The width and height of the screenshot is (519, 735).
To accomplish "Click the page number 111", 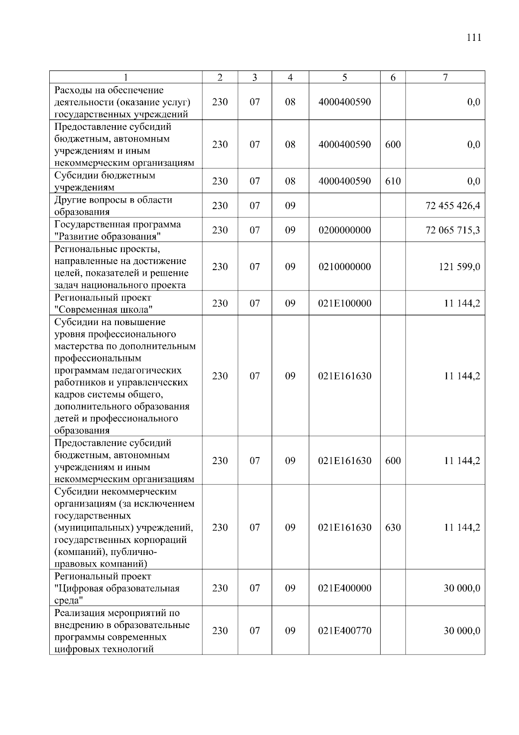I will (x=474, y=38).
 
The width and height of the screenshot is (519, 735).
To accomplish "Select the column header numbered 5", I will (x=344, y=77).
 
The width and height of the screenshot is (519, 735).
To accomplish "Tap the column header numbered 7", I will (x=445, y=77).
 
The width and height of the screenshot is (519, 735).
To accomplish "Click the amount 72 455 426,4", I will (x=453, y=206).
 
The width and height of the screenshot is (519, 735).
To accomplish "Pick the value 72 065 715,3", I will (x=453, y=230).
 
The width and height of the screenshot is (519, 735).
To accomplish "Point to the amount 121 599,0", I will (x=459, y=267).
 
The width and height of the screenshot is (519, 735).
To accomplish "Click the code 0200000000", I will (x=344, y=230).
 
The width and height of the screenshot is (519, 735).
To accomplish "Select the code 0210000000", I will (x=344, y=267).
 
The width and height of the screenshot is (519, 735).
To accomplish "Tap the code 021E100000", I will (x=344, y=303).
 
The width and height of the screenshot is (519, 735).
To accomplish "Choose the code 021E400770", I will (x=344, y=631).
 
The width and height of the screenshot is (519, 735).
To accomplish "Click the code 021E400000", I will (x=344, y=588).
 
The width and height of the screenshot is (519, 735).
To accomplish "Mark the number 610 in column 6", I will (x=393, y=181).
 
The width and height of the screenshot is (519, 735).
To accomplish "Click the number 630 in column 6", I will (x=393, y=527).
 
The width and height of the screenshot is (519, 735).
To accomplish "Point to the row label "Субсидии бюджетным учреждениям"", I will (x=105, y=181).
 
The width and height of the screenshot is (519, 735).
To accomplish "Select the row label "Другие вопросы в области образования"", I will (x=113, y=206).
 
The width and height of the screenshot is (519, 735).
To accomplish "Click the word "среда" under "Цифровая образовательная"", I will (x=69, y=600).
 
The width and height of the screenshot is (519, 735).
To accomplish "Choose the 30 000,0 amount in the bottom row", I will (x=461, y=631).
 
